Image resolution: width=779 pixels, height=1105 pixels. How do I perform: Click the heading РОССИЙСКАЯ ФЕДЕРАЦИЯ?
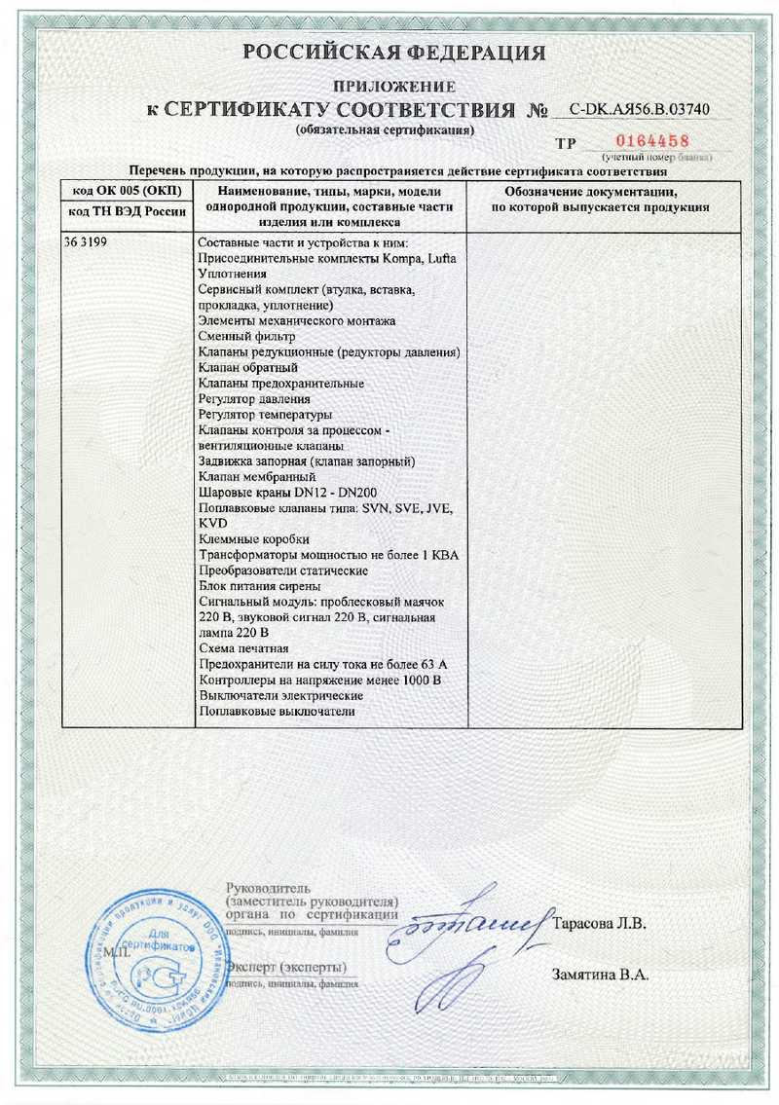393,53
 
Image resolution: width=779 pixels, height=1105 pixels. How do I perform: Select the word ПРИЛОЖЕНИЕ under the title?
394,88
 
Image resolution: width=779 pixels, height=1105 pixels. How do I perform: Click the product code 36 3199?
88,242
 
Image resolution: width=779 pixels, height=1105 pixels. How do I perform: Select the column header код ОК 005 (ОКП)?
128,190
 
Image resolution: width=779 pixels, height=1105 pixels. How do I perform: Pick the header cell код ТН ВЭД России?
128,211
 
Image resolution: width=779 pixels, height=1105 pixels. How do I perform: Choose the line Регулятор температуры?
265,414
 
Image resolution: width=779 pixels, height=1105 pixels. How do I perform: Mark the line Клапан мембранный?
257,477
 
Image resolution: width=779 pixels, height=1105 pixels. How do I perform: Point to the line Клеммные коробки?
254,539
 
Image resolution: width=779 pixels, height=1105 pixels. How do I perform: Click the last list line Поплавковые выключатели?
276,712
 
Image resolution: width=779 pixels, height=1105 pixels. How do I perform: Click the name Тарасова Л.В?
599,922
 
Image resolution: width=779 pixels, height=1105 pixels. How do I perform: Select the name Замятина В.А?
600,974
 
